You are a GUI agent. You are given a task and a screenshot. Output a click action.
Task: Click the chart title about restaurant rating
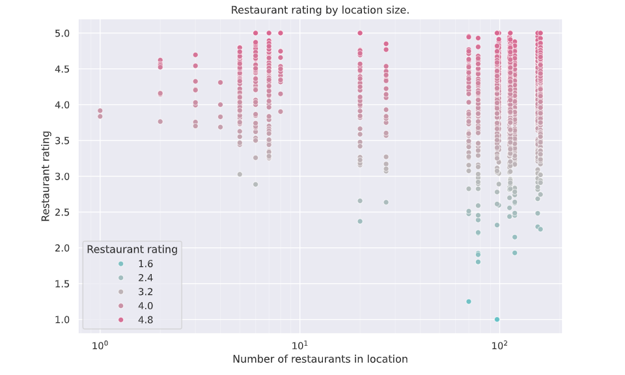320,10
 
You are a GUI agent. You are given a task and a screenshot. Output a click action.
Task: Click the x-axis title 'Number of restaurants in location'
320,359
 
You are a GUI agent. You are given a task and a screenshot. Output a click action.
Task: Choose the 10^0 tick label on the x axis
100,343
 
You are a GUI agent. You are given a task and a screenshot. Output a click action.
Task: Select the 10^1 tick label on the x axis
299,343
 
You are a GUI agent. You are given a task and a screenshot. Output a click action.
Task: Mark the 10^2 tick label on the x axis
499,343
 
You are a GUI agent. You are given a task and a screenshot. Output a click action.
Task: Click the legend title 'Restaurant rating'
132,249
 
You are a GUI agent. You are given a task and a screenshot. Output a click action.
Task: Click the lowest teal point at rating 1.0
497,320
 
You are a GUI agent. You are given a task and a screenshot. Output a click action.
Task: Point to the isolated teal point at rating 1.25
469,301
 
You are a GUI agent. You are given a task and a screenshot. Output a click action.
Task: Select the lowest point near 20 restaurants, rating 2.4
360,221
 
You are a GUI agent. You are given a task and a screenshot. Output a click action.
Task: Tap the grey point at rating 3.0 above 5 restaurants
240,174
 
